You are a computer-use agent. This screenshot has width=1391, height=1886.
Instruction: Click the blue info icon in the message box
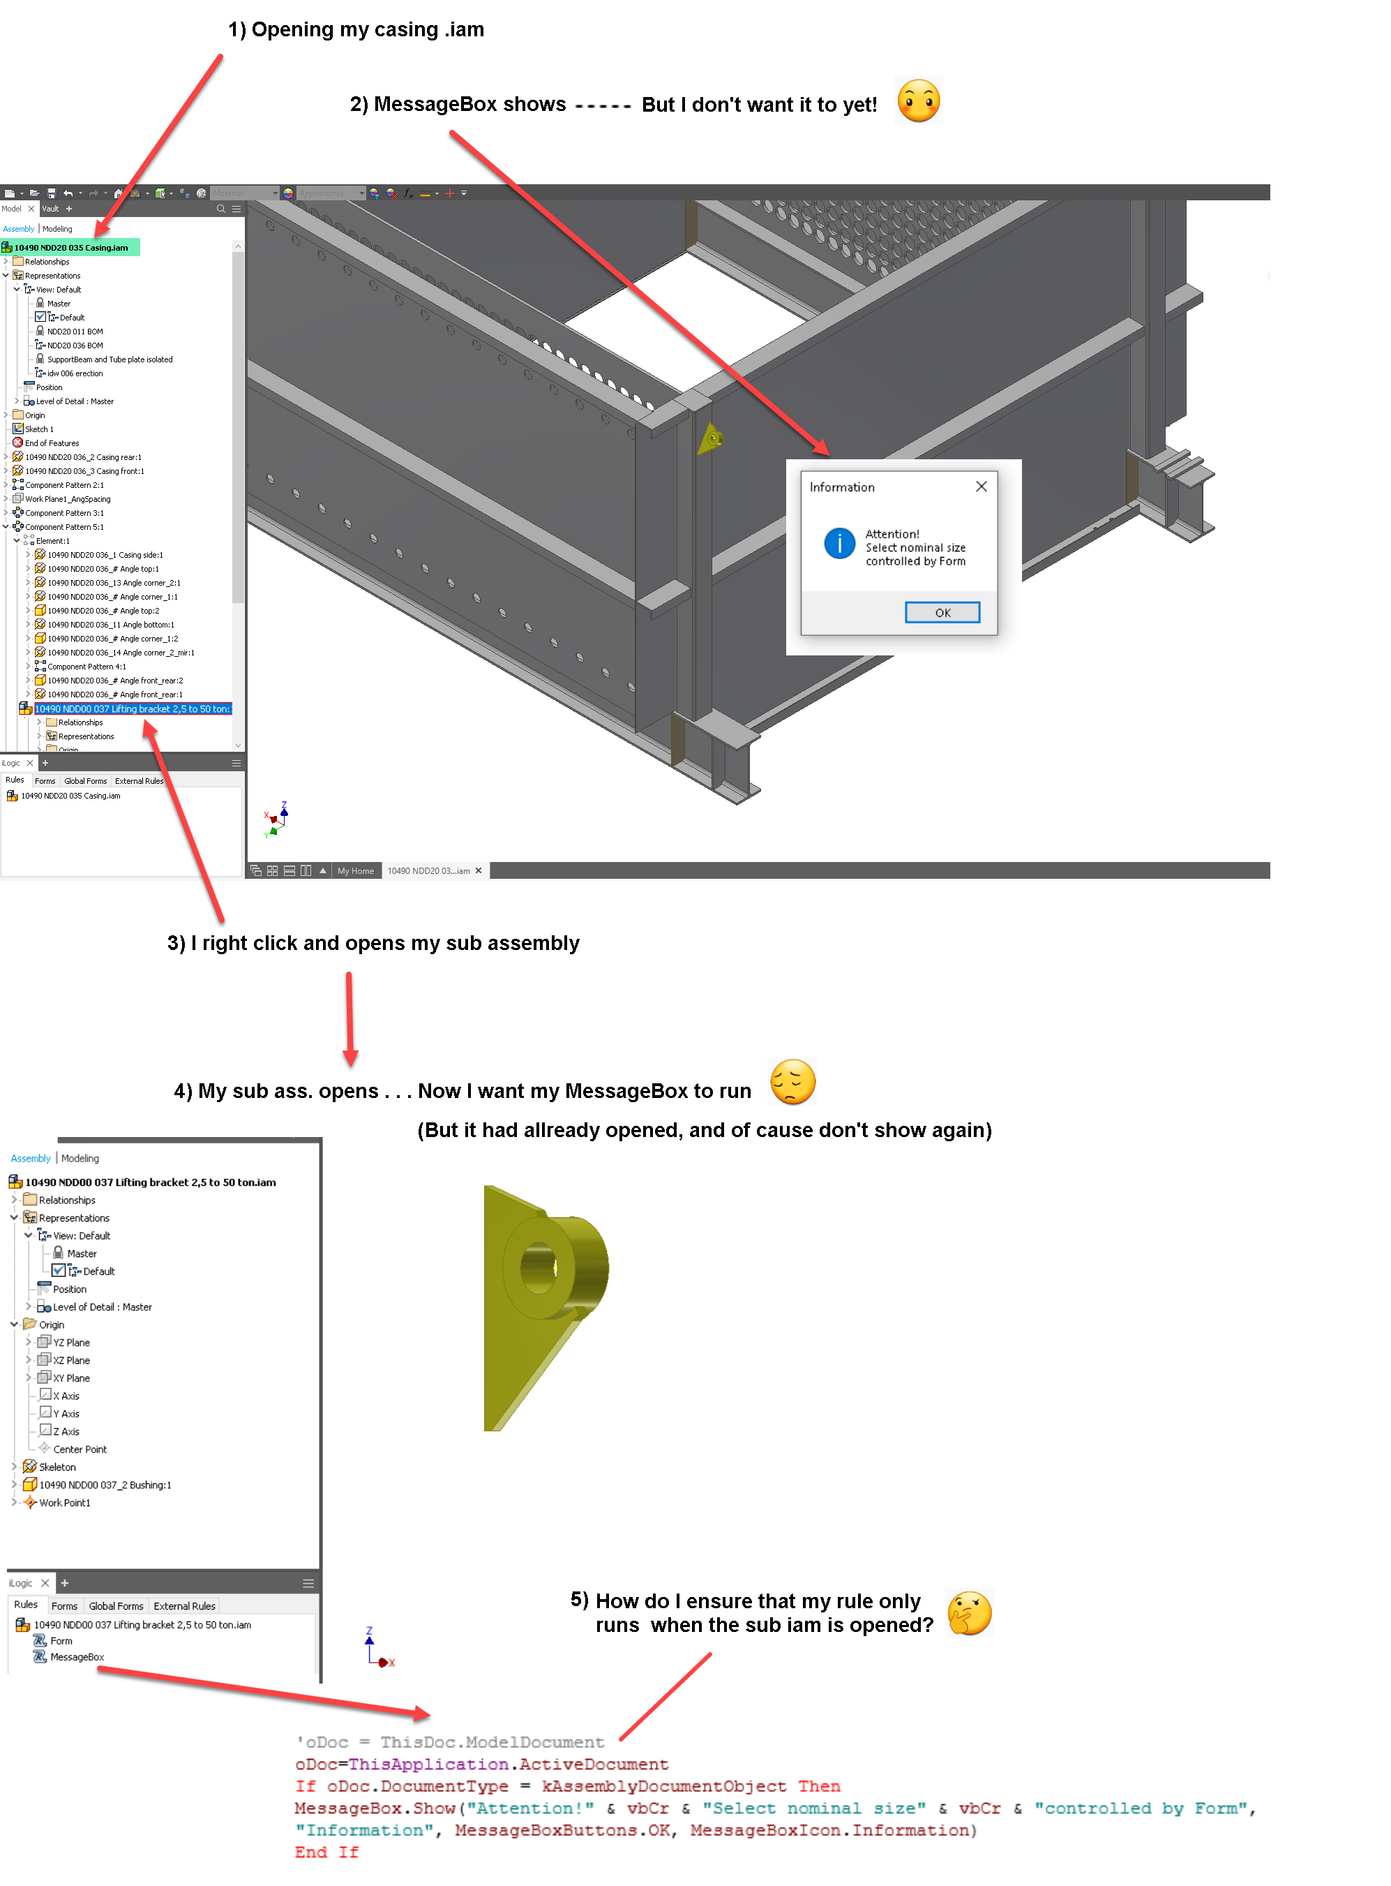click(839, 543)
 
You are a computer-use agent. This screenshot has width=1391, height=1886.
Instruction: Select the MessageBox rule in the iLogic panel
click(77, 1656)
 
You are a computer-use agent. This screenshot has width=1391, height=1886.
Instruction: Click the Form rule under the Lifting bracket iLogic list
click(61, 1640)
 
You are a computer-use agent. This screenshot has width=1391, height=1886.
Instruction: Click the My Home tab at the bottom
click(355, 870)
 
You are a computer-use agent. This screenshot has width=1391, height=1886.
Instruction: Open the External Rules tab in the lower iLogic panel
click(183, 1605)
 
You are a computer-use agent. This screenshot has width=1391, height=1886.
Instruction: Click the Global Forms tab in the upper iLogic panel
click(85, 781)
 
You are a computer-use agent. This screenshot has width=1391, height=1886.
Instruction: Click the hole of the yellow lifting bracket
click(536, 1267)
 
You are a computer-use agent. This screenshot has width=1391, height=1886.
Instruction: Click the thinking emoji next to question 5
click(969, 1613)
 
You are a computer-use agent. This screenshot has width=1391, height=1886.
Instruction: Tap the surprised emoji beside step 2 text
click(918, 101)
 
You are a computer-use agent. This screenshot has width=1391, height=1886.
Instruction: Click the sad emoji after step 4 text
click(792, 1082)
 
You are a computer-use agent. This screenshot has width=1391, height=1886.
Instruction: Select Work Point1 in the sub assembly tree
click(64, 1502)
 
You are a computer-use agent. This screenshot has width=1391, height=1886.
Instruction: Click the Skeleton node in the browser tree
click(57, 1467)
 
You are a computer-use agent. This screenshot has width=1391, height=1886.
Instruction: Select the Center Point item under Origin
click(79, 1449)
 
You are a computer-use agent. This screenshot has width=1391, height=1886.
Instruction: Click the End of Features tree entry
click(52, 443)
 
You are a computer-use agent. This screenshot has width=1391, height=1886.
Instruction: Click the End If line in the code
click(326, 1852)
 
